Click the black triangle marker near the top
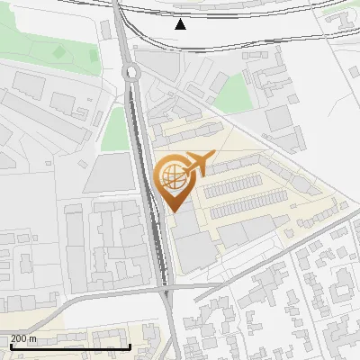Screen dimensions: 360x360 click(182, 24)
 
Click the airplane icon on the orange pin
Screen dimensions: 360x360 click(196, 165)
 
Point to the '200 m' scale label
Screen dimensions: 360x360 click(23, 338)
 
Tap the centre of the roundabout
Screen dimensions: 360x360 click(131, 73)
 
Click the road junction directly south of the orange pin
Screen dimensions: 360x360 click(166, 290)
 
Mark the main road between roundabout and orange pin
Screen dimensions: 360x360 click(141, 135)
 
